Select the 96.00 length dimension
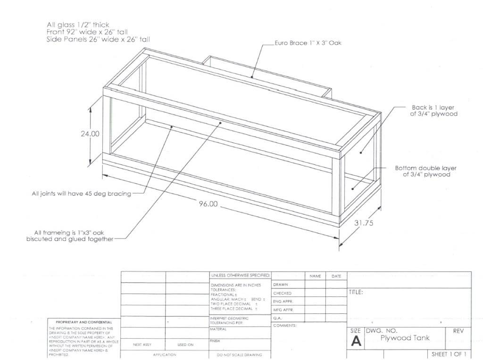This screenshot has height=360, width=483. click(208, 204)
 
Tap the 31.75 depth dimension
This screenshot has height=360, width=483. click(363, 223)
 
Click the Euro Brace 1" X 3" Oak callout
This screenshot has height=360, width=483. click(308, 43)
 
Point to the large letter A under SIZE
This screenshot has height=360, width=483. click(357, 342)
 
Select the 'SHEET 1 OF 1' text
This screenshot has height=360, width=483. click(449, 354)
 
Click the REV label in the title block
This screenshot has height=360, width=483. click(458, 331)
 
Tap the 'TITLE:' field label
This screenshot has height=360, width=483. click(356, 292)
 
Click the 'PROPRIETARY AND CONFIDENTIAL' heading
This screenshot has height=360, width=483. click(80, 322)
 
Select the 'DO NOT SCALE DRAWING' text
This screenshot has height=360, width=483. click(239, 354)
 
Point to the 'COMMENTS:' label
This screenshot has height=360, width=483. click(285, 326)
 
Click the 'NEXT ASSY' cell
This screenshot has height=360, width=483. click(142, 344)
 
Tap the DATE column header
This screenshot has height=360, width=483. click(336, 276)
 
